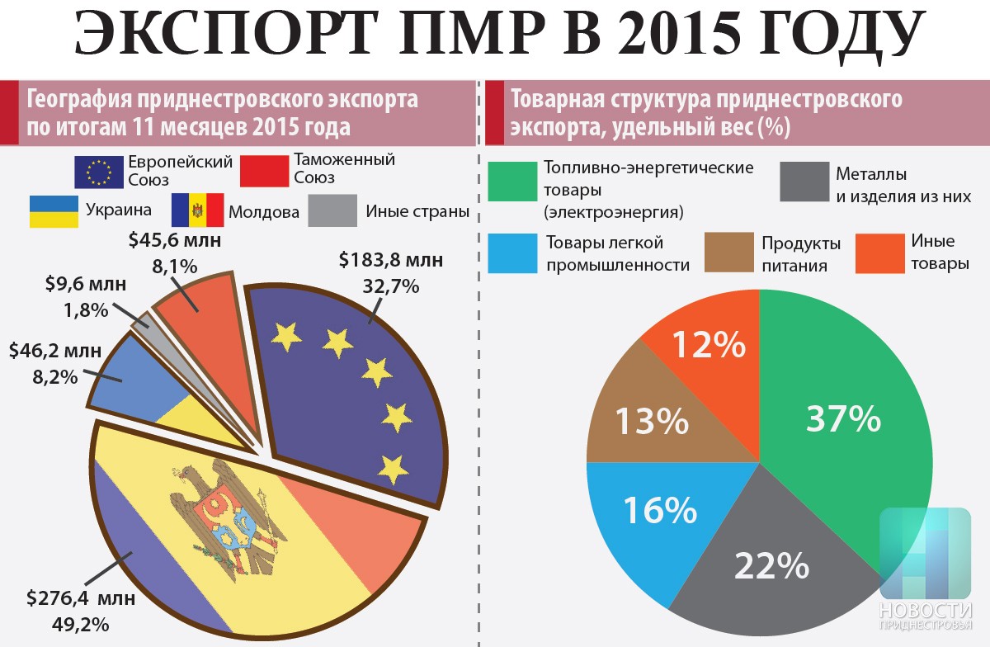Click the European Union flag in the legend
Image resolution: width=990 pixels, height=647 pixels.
(x=99, y=171)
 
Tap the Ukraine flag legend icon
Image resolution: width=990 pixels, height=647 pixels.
(x=54, y=211)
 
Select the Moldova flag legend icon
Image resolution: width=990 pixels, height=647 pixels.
(x=197, y=211)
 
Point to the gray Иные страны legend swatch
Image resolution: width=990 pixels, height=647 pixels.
(x=332, y=211)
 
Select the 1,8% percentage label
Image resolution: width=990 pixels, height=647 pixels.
(x=87, y=311)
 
